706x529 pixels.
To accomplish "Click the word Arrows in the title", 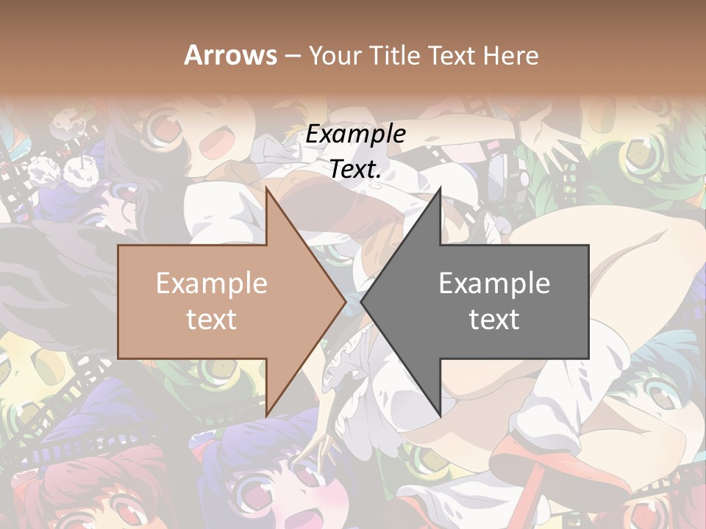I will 230,54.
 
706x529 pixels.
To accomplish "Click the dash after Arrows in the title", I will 292,56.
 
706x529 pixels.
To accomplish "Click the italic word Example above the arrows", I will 356,134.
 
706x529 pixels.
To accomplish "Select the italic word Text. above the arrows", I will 356,169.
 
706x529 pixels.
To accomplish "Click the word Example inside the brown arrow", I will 212,284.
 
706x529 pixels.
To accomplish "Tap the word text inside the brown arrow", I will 212,320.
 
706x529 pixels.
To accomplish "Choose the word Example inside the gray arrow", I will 494,284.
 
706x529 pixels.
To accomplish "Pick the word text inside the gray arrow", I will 494,320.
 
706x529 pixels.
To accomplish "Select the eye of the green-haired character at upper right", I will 639,151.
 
